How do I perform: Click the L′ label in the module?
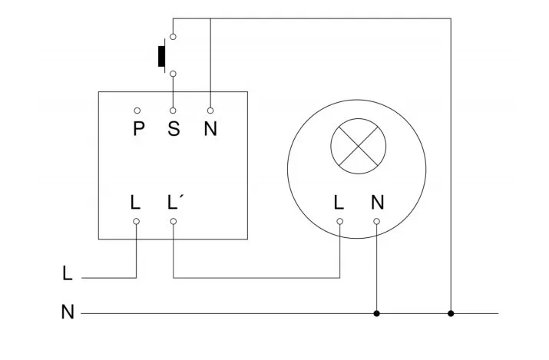(174, 203)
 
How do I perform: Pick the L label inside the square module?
(136, 203)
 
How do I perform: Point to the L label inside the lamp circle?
(339, 203)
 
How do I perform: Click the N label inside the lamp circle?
(377, 203)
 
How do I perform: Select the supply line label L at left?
(68, 272)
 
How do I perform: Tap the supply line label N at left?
(68, 313)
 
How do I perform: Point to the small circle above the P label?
(137, 111)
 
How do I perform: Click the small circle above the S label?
(174, 111)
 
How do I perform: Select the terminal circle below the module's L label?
(137, 222)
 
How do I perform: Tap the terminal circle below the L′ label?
(174, 222)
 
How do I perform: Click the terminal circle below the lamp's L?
(339, 222)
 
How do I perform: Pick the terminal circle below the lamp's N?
(376, 222)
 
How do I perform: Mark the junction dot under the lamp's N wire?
(376, 313)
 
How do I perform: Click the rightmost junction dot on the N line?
(451, 313)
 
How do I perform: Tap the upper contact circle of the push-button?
(174, 35)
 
